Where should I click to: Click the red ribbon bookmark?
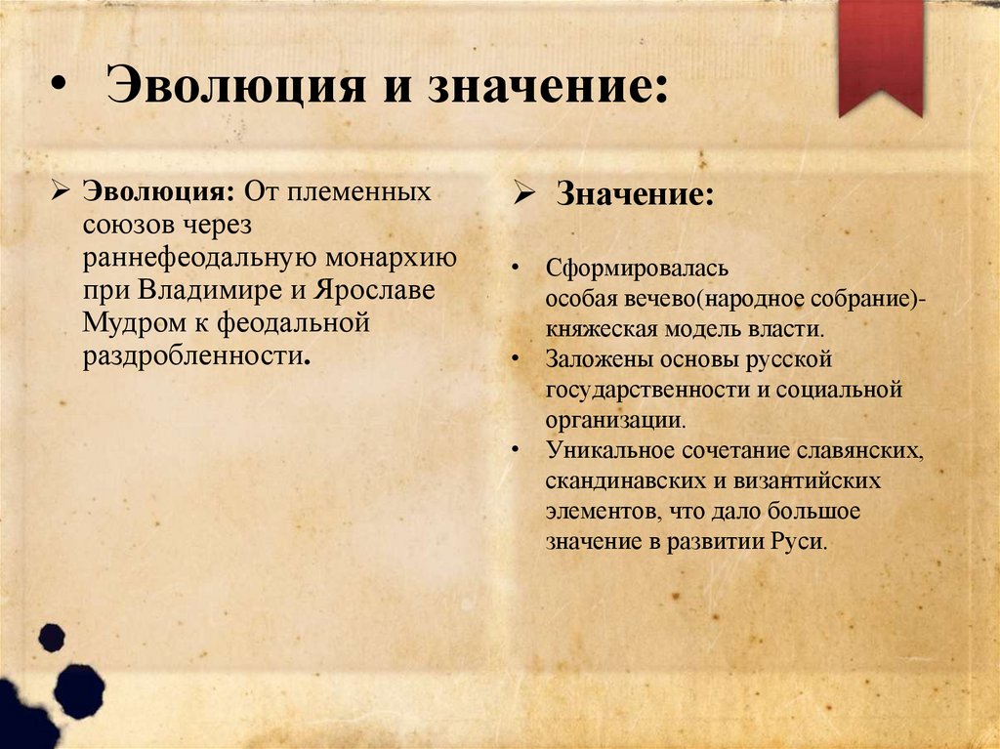[x=880, y=54]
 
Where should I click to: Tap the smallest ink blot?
[x=51, y=638]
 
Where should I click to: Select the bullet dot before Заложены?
[x=514, y=358]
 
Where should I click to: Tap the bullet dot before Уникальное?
[x=514, y=450]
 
